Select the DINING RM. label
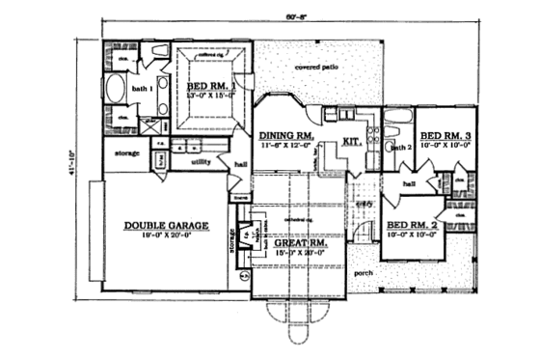(285, 137)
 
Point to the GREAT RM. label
(299, 244)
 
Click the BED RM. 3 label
(445, 134)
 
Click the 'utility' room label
(202, 162)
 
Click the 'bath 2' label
(401, 147)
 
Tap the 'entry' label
(364, 205)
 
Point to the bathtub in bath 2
(396, 124)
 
